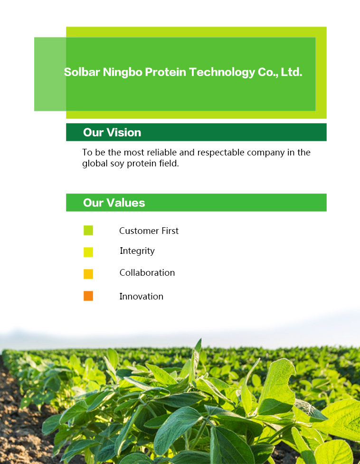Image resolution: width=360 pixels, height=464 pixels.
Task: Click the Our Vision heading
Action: tap(112, 132)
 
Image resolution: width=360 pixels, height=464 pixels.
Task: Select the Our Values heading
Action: tap(114, 203)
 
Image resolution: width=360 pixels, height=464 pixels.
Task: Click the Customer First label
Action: tap(149, 231)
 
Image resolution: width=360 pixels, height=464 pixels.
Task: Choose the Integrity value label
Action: tap(137, 251)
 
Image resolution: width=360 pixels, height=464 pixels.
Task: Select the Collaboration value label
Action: tap(147, 273)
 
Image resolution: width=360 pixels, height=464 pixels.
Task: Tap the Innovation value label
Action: tap(141, 297)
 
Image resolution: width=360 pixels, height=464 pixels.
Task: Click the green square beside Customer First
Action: tap(88, 231)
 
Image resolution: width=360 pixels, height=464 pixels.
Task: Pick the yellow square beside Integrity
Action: tap(88, 252)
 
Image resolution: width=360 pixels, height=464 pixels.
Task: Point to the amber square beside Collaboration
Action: tap(88, 274)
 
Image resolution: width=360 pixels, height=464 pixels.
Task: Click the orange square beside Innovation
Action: tap(88, 296)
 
